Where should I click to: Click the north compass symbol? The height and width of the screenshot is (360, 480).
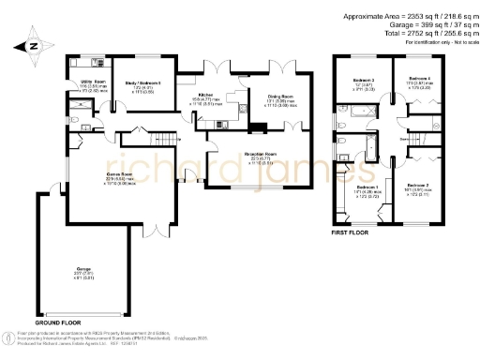pos(34,45)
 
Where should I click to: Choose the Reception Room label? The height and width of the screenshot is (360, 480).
pos(261,156)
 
